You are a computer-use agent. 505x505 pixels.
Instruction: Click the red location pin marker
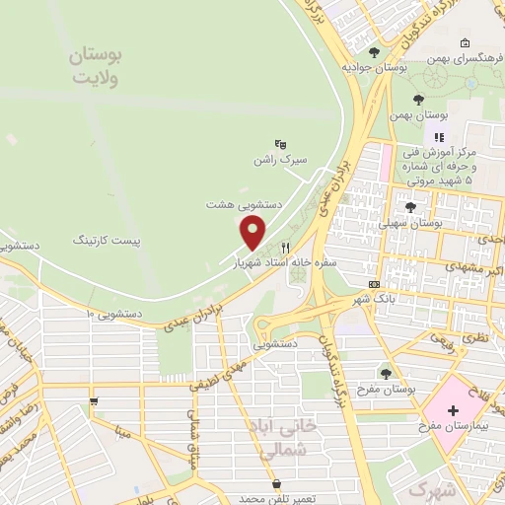click(253, 233)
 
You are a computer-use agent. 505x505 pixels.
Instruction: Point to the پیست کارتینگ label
click(108, 240)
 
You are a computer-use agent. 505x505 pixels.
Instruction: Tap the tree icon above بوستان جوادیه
click(374, 52)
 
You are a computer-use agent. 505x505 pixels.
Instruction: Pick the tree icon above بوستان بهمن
click(418, 100)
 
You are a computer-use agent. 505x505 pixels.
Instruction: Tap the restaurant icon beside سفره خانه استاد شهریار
click(286, 249)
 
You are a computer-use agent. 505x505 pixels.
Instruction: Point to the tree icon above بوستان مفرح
click(386, 373)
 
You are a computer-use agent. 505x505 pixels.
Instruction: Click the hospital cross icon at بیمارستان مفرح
click(453, 409)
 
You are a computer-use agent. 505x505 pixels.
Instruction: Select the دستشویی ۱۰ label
click(114, 314)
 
